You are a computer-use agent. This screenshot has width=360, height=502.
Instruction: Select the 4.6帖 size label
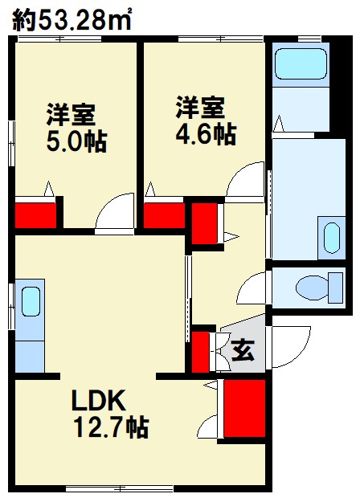(x=206, y=133)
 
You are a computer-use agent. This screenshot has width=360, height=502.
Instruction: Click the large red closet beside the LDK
(x=244, y=408)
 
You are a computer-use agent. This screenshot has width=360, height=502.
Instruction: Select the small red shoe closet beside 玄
(x=201, y=351)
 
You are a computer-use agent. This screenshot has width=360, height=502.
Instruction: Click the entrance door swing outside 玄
(x=292, y=346)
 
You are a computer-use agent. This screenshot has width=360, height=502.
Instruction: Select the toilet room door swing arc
(x=254, y=288)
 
